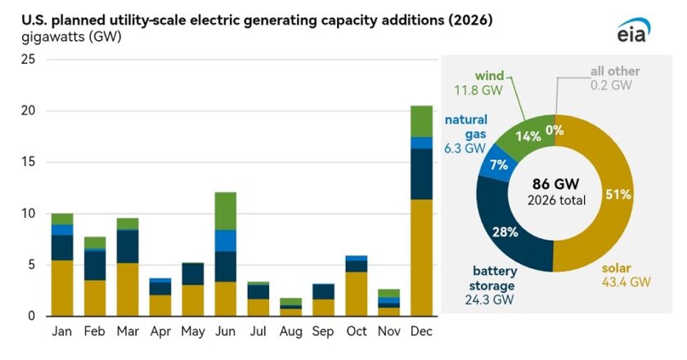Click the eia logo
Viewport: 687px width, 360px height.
[x=634, y=30]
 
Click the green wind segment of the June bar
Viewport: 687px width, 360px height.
[x=226, y=211]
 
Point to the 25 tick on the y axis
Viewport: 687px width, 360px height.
[x=28, y=60]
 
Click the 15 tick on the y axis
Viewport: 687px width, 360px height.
[x=28, y=163]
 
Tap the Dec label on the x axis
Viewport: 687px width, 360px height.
[x=421, y=333]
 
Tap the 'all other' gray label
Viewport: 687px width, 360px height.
[x=614, y=71]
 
